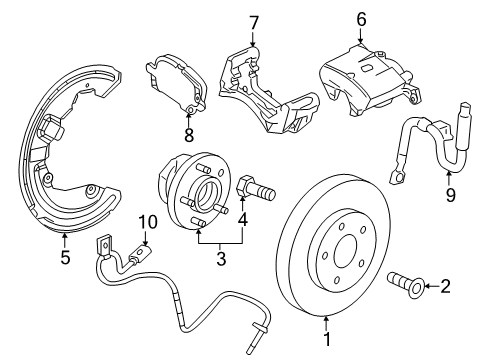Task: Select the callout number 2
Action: coord(446,287)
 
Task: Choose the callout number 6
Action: coord(361,17)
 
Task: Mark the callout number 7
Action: coord(254,21)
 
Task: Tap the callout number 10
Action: coord(148,222)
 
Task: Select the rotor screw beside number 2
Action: coord(406,287)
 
